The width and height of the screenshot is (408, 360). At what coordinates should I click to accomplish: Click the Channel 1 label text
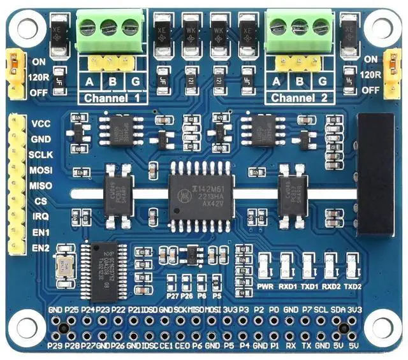pyautogui.click(x=112, y=99)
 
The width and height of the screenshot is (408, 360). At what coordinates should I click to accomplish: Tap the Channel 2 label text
pyautogui.click(x=300, y=99)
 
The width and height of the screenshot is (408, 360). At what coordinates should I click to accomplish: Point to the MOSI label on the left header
pyautogui.click(x=41, y=170)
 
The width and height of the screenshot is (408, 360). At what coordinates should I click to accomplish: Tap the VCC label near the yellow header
pyautogui.click(x=40, y=124)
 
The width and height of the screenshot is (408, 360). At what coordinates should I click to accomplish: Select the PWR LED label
pyautogui.click(x=265, y=287)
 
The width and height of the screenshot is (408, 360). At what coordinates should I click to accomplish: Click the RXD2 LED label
pyautogui.click(x=330, y=287)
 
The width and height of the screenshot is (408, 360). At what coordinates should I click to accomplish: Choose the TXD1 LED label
pyautogui.click(x=309, y=287)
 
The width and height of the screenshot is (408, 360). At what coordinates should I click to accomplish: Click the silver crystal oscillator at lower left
pyautogui.click(x=66, y=268)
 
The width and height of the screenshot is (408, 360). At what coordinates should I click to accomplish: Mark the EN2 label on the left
pyautogui.click(x=41, y=247)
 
